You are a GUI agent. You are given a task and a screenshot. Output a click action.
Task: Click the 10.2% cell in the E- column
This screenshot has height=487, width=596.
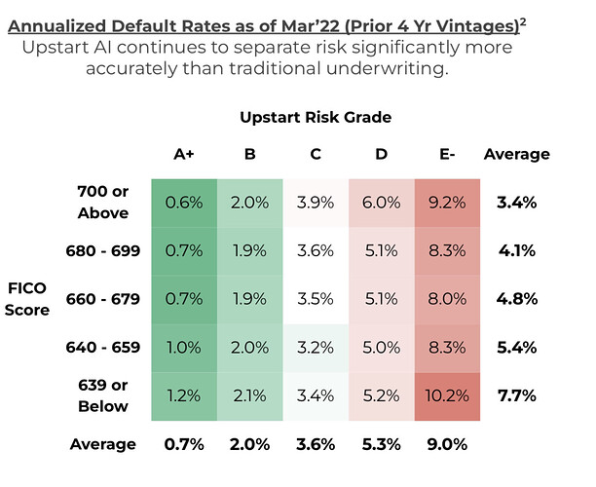pos(447,396)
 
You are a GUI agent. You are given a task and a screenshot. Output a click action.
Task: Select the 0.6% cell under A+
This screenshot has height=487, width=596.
pos(184,203)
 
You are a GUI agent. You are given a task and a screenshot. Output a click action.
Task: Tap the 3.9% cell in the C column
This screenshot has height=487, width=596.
pos(316,203)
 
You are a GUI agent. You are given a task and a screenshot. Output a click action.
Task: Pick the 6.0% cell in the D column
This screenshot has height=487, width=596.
pos(381,203)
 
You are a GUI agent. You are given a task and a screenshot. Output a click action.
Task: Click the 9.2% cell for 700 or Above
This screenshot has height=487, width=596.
pos(447,203)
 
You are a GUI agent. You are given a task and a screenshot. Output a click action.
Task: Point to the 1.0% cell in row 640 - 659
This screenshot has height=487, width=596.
pos(184,348)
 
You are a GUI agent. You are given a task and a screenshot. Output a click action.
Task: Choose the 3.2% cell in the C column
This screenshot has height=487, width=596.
pos(316,348)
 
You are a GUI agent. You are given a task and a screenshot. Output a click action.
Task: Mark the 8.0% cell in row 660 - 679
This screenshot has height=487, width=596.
pos(447,299)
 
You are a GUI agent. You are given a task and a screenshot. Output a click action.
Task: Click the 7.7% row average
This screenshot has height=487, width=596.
pos(517,395)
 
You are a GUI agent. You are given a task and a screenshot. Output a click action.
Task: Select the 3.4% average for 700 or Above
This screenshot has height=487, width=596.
pos(517,203)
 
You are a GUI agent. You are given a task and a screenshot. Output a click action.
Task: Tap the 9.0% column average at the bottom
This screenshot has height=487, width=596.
pos(447,444)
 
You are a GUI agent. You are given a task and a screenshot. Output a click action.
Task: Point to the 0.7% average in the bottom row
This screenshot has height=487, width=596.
pos(184,444)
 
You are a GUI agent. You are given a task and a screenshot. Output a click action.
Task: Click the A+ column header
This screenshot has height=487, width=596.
pos(184,154)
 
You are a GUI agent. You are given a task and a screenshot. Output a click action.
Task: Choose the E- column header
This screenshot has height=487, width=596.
pos(447,154)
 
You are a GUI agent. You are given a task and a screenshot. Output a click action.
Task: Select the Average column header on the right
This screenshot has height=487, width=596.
pos(517,154)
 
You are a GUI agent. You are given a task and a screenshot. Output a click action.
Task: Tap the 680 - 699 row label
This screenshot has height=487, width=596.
pos(103,251)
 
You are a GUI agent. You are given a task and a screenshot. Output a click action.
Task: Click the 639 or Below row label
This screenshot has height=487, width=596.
pos(103,395)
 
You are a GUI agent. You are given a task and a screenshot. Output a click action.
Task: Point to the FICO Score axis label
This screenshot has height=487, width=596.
pos(27,299)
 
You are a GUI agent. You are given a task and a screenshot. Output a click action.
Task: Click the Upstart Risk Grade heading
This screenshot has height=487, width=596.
pos(316,117)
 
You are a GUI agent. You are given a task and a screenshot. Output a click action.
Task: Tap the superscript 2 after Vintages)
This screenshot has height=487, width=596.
pos(523,22)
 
